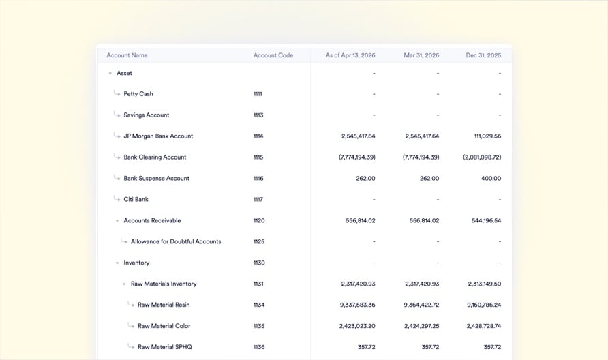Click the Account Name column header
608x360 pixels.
pyautogui.click(x=127, y=55)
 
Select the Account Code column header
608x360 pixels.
pyautogui.click(x=273, y=55)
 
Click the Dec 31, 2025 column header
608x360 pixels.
pyautogui.click(x=483, y=55)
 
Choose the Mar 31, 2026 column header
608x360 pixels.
pyautogui.click(x=421, y=55)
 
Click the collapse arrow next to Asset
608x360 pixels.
pyautogui.click(x=110, y=73)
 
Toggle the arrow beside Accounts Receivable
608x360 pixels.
pyautogui.click(x=117, y=221)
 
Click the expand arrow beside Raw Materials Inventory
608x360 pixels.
pyautogui.click(x=124, y=284)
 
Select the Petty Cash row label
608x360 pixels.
pyautogui.click(x=138, y=94)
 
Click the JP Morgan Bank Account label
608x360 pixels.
pyautogui.click(x=158, y=136)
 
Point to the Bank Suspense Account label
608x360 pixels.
pyautogui.click(x=156, y=179)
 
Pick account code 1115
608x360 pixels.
pyautogui.click(x=258, y=157)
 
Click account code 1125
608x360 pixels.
pyautogui.click(x=258, y=242)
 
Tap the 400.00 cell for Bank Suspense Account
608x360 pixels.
pyautogui.click(x=491, y=179)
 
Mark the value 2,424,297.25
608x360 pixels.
pyautogui.click(x=421, y=327)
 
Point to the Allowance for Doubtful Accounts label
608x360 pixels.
pyautogui.click(x=176, y=242)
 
